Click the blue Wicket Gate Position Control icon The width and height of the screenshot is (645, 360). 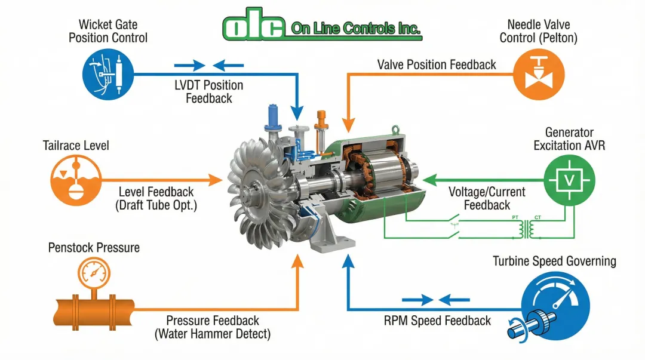pos(108,75)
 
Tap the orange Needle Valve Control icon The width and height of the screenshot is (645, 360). pos(539,75)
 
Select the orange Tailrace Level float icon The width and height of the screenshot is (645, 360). pos(76,180)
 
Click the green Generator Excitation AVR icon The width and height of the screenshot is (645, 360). pos(569,180)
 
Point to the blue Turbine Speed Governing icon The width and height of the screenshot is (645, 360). pos(555,306)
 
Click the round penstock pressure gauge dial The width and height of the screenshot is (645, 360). pos(94,273)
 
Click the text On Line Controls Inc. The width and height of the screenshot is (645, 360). pos(355,29)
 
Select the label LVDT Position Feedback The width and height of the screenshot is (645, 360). pos(209,92)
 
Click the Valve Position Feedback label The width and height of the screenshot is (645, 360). pos(437,64)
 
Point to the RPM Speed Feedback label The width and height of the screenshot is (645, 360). pos(437,321)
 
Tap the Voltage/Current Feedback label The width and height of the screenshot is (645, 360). pos(487,198)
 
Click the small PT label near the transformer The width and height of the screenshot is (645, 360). pos(515,217)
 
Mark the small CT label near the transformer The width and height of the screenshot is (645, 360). pos(537,217)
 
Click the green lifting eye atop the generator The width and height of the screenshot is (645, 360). pos(395,130)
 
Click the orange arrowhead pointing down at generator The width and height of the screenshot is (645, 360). pos(348,125)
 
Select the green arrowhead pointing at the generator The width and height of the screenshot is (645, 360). pos(430,180)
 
